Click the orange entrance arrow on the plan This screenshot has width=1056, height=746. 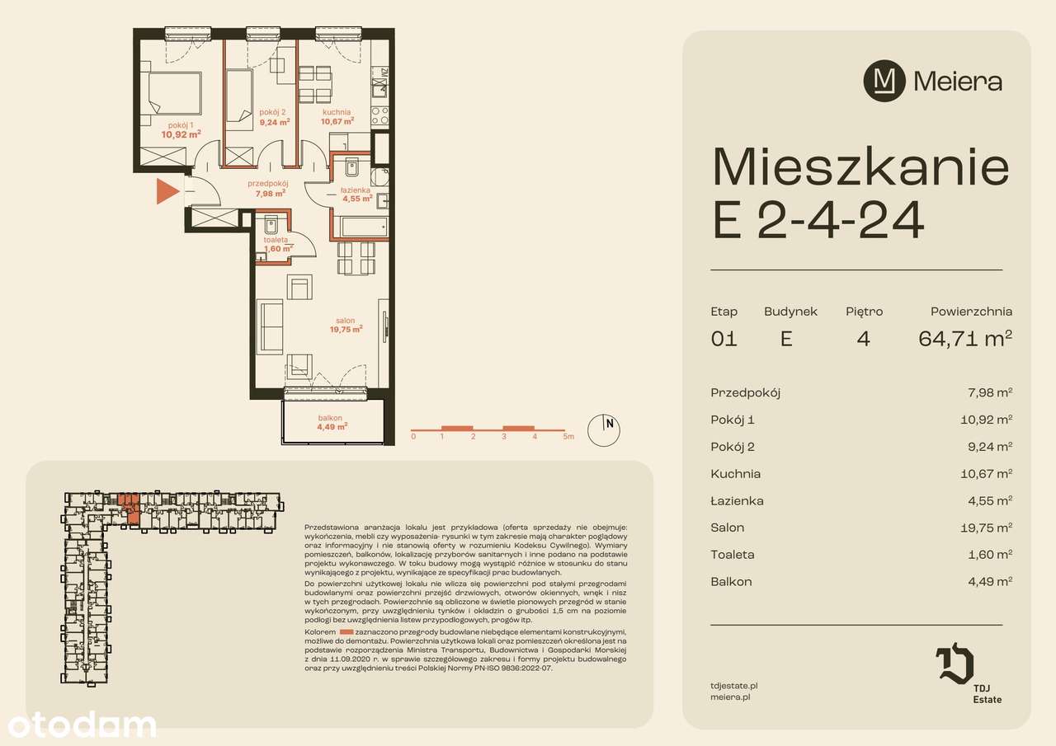pyautogui.click(x=167, y=192)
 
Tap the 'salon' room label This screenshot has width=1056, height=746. pyautogui.click(x=345, y=321)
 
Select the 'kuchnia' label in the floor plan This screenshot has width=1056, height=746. pyautogui.click(x=337, y=112)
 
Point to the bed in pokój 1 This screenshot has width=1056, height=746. pyautogui.click(x=173, y=92)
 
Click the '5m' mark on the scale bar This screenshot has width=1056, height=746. pyautogui.click(x=568, y=437)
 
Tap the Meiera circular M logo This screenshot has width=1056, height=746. pyautogui.click(x=884, y=81)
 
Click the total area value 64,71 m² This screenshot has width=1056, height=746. pyautogui.click(x=965, y=339)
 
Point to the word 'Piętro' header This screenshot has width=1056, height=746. pyautogui.click(x=864, y=312)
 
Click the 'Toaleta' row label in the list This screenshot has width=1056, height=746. pyautogui.click(x=732, y=555)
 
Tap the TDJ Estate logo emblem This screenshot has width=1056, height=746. pyautogui.click(x=955, y=664)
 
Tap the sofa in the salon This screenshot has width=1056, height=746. pyautogui.click(x=270, y=326)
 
